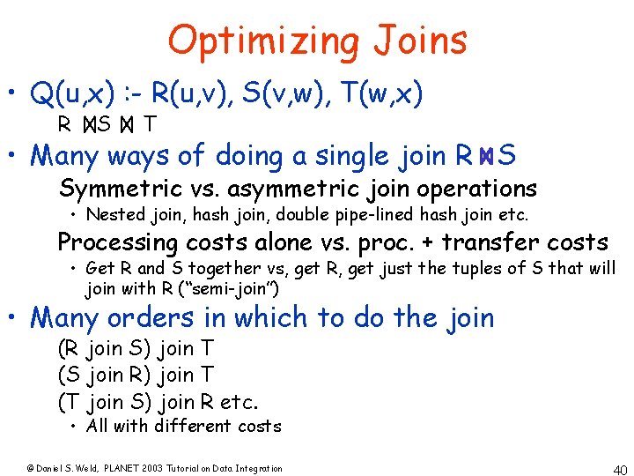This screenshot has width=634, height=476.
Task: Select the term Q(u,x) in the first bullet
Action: tap(73, 93)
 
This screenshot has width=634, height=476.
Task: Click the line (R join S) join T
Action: tap(135, 349)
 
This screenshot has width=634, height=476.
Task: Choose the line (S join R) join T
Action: tap(135, 376)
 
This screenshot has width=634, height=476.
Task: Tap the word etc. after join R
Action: tap(240, 403)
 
